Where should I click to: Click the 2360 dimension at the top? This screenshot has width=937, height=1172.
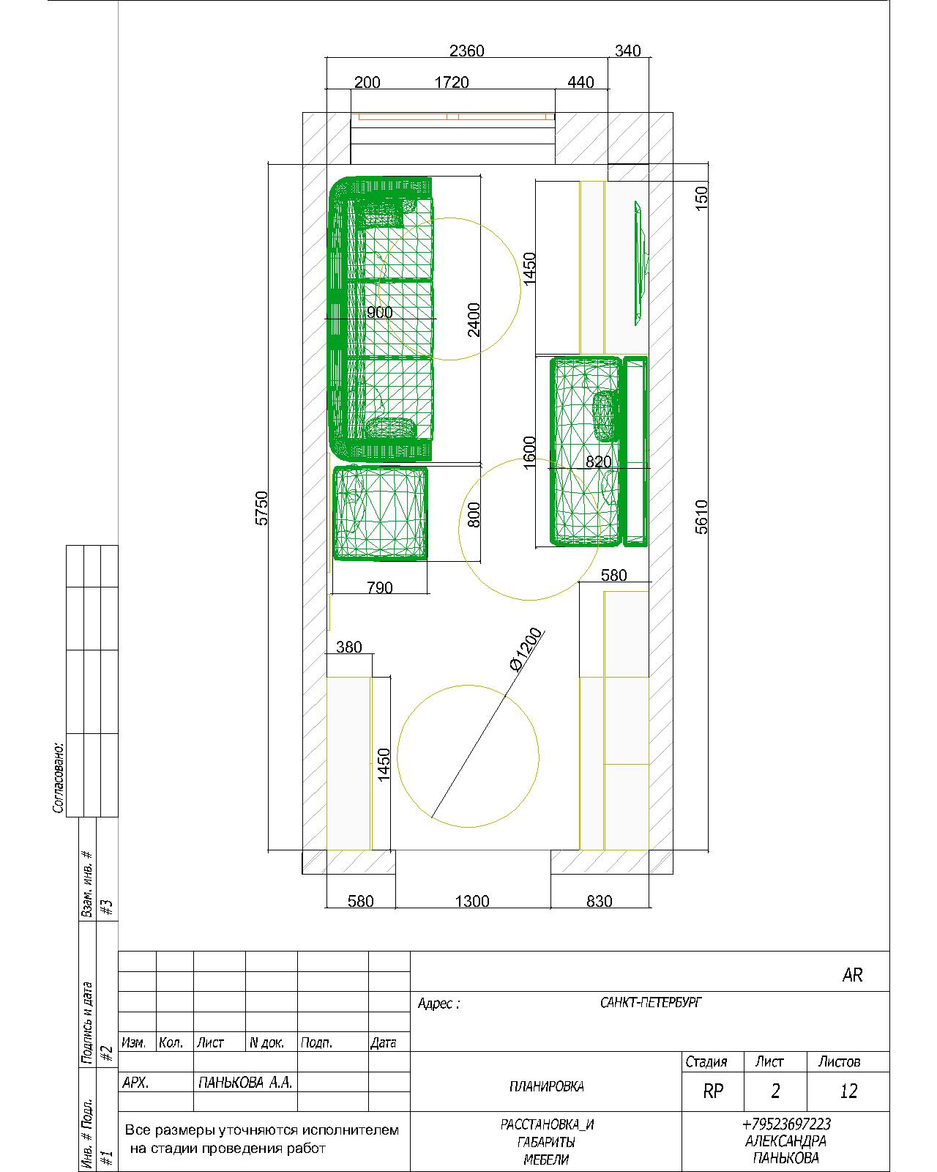466,51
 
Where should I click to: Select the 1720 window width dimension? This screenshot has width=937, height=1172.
452,82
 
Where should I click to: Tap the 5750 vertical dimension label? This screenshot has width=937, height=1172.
262,508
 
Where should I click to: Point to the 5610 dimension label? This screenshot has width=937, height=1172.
702,516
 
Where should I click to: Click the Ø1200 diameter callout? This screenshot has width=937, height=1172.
526,649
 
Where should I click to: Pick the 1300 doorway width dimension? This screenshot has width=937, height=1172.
472,901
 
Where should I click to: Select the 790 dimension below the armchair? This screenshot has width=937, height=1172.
379,587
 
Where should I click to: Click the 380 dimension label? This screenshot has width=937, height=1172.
349,647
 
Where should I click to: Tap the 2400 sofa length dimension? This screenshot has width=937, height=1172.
474,319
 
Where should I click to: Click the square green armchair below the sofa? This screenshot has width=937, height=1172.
380,513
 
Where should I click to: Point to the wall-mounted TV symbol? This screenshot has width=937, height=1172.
641,264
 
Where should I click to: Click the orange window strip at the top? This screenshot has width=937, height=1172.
453,116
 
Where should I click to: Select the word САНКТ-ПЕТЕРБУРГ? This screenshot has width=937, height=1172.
651,1003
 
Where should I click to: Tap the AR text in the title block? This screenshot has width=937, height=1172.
852,975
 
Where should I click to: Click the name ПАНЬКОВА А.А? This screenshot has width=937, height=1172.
245,1083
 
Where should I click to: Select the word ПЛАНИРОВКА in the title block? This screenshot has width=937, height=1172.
547,1086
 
